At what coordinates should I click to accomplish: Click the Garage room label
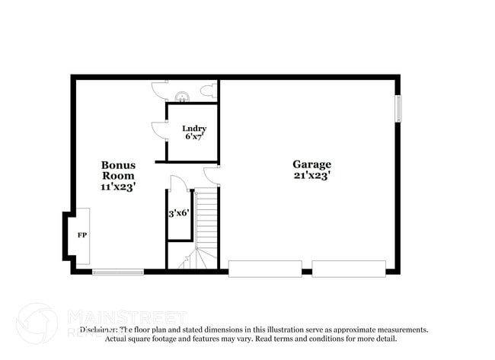click(311, 164)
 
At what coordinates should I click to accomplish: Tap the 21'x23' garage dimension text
click(311, 175)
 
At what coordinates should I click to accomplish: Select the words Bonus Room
click(118, 170)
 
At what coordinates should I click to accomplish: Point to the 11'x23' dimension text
click(118, 186)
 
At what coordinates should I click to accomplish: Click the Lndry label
click(194, 128)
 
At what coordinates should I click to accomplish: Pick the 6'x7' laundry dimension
click(194, 137)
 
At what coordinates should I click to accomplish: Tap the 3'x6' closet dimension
click(179, 214)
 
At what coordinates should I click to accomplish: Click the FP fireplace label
click(81, 234)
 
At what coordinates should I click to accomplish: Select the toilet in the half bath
click(207, 92)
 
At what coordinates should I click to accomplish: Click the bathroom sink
click(182, 96)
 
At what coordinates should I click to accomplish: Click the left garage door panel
click(264, 269)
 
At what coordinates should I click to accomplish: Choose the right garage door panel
click(348, 269)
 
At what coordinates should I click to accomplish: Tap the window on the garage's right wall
click(398, 108)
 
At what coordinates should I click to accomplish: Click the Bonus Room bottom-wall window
click(118, 271)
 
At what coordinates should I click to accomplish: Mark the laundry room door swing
click(159, 130)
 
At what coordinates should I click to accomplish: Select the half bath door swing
click(158, 90)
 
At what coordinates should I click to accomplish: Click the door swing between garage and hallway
click(211, 175)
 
